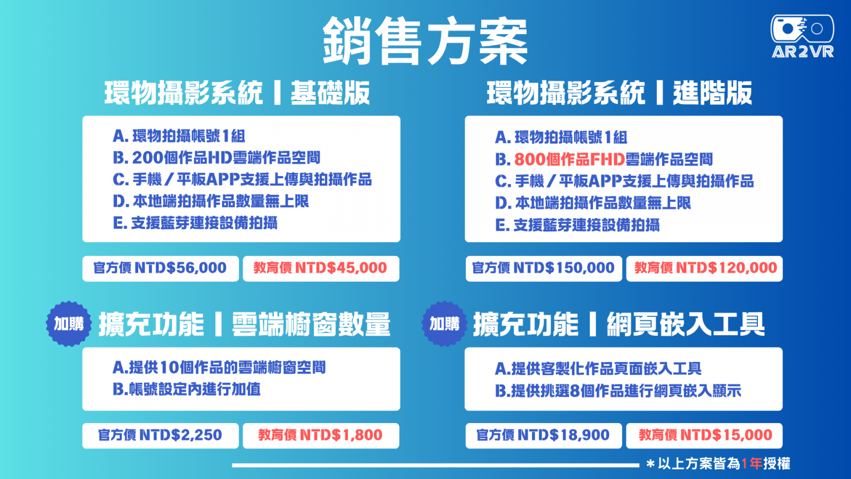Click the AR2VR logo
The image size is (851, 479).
pos(803,37)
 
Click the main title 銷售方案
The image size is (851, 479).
pos(425,40)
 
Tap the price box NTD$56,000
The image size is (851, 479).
pos(160,268)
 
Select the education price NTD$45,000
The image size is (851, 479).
pos(321,268)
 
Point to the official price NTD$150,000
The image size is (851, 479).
pos(544,268)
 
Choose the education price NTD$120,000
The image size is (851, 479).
pos(704,268)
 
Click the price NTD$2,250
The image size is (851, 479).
pos(160,436)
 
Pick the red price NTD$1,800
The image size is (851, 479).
pos(321,436)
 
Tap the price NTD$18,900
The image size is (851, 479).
pos(544,436)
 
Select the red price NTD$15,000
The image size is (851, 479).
pos(704,436)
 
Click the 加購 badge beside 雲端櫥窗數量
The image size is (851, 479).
pos(69,324)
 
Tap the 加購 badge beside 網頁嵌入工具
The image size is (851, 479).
pos(445,324)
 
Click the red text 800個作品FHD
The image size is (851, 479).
pos(570,160)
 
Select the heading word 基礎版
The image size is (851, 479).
pos(330,93)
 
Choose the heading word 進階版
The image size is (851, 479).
pos(712,93)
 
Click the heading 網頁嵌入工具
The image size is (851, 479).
pos(686,324)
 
